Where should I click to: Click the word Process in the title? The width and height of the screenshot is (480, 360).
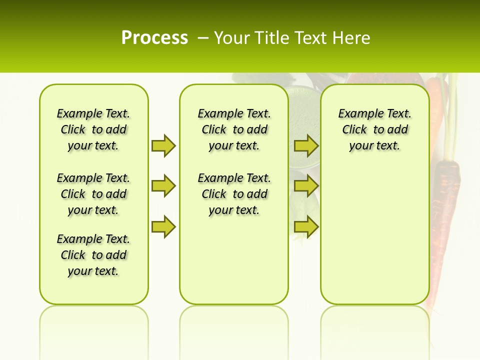click(154, 38)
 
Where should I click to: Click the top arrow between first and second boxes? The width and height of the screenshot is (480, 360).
click(163, 145)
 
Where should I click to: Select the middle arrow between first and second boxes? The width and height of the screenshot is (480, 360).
click(163, 186)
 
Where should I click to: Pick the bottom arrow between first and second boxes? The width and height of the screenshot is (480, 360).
click(163, 227)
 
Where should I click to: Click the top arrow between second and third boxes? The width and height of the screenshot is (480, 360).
click(306, 145)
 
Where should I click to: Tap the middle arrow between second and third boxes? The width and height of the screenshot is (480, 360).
click(306, 186)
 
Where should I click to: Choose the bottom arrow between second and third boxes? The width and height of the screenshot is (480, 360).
click(306, 227)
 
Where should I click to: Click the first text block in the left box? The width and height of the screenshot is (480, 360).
click(93, 129)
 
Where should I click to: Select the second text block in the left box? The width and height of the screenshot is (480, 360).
click(93, 194)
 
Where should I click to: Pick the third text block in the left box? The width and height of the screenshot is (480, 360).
click(93, 255)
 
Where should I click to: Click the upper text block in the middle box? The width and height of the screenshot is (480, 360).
click(234, 129)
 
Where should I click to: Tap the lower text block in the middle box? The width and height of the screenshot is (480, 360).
click(234, 194)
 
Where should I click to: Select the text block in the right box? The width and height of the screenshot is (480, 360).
click(374, 129)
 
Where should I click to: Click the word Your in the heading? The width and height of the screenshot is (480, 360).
click(231, 38)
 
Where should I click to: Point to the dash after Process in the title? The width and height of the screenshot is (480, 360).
click(203, 38)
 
